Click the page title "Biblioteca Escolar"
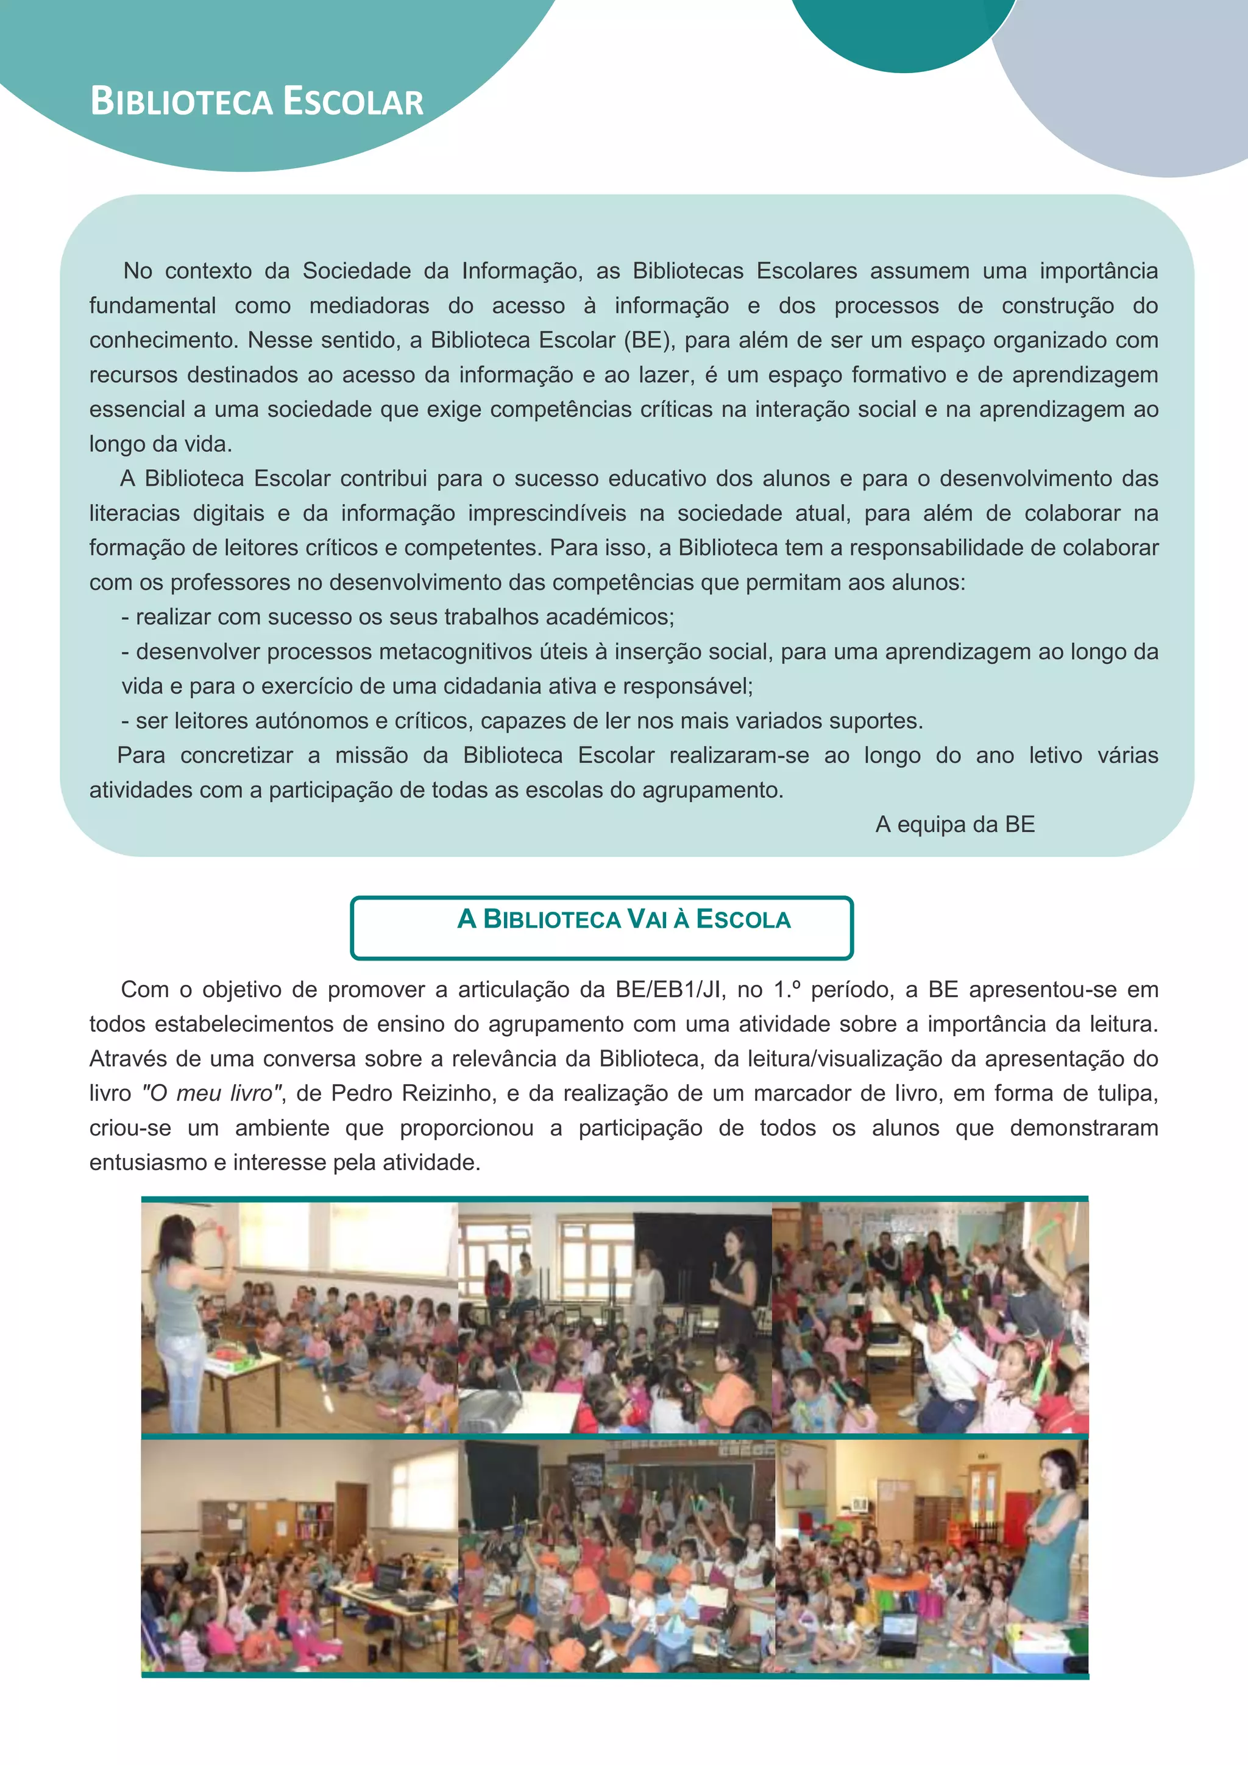pos(257,101)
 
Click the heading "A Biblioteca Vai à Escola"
pos(623,920)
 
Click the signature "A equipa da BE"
pos(954,824)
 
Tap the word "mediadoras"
pos(369,305)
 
